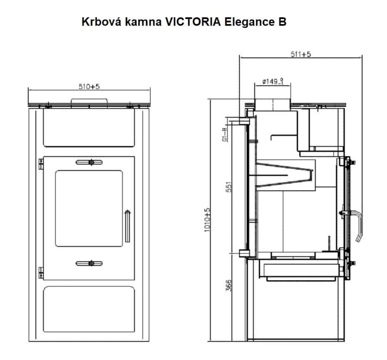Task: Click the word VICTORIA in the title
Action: tap(193, 22)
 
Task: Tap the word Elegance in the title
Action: tap(250, 22)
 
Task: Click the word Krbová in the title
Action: tap(102, 22)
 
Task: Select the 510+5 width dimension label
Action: tap(89, 87)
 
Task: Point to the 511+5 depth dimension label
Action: tap(301, 54)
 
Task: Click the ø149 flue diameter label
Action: tap(273, 81)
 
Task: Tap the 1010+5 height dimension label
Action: tap(207, 219)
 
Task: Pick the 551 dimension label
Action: tap(229, 187)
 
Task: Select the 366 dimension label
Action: tap(229, 285)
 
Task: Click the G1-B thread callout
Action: tap(224, 135)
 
